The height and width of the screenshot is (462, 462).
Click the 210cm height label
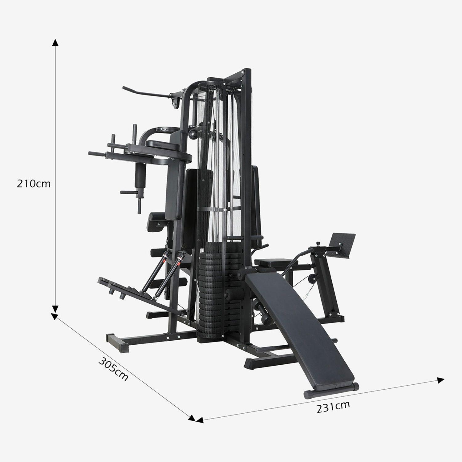[34, 184]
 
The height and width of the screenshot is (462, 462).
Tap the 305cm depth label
[113, 368]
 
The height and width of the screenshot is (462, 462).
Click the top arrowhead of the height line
[55, 43]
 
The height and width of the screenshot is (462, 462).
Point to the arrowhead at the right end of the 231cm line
[441, 380]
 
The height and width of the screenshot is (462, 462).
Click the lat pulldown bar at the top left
[145, 93]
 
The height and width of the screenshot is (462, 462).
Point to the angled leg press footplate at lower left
[123, 288]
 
